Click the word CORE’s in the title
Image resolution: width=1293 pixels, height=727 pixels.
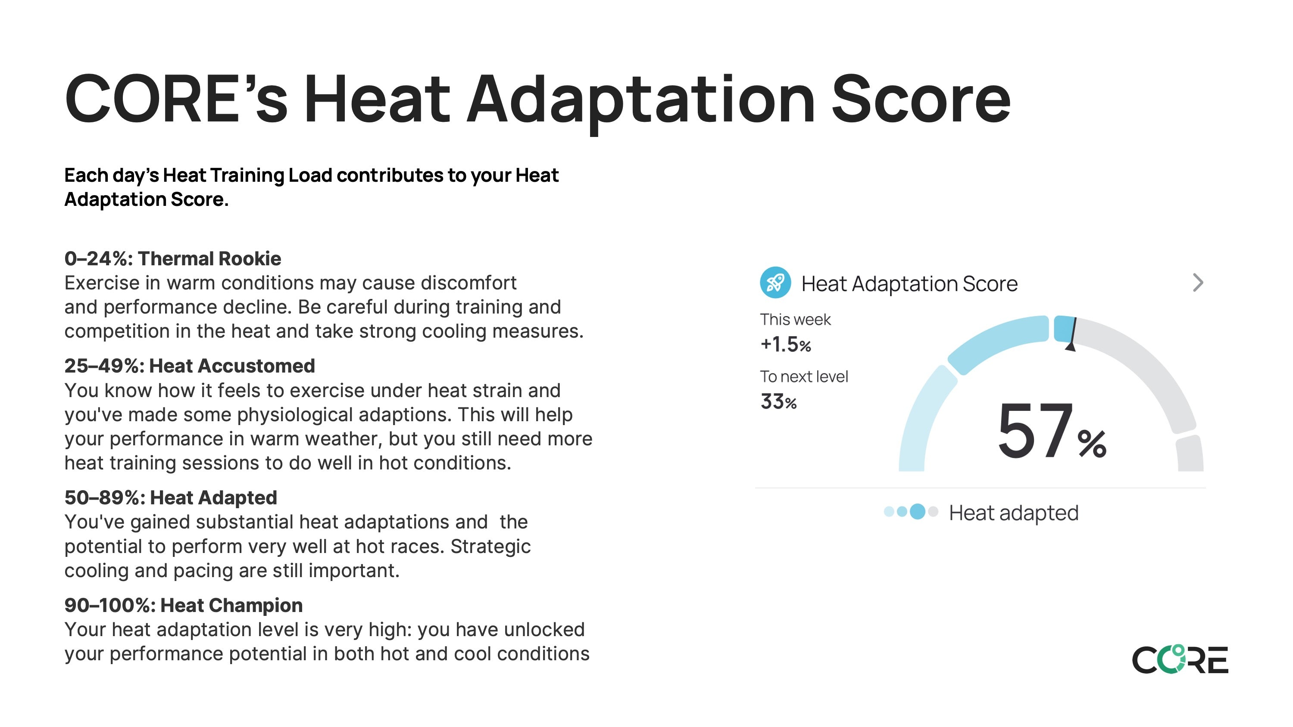pyautogui.click(x=176, y=98)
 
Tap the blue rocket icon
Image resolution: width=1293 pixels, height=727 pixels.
pyautogui.click(x=775, y=283)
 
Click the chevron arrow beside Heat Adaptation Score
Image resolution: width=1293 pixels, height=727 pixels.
pyautogui.click(x=1198, y=283)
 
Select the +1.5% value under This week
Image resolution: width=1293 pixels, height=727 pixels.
pyautogui.click(x=786, y=344)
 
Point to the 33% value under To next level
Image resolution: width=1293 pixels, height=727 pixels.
pyautogui.click(x=778, y=401)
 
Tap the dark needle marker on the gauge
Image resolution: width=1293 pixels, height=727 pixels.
pyautogui.click(x=1071, y=334)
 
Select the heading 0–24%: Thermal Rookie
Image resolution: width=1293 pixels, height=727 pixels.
pyautogui.click(x=173, y=258)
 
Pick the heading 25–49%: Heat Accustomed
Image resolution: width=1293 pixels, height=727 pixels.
pyautogui.click(x=190, y=366)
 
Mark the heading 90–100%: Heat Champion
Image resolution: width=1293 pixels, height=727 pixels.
pyautogui.click(x=184, y=605)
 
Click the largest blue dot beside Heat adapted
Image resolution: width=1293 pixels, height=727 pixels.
pyautogui.click(x=918, y=511)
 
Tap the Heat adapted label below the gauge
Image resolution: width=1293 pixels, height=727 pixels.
pyautogui.click(x=1013, y=513)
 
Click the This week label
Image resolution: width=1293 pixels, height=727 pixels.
pyautogui.click(x=795, y=320)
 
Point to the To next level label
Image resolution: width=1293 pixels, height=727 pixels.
pyautogui.click(x=804, y=377)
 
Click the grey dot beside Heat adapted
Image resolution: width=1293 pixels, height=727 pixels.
pyautogui.click(x=933, y=511)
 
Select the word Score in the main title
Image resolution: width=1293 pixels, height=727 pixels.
pyautogui.click(x=921, y=98)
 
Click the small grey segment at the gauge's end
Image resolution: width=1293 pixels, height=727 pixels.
pyautogui.click(x=1190, y=453)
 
